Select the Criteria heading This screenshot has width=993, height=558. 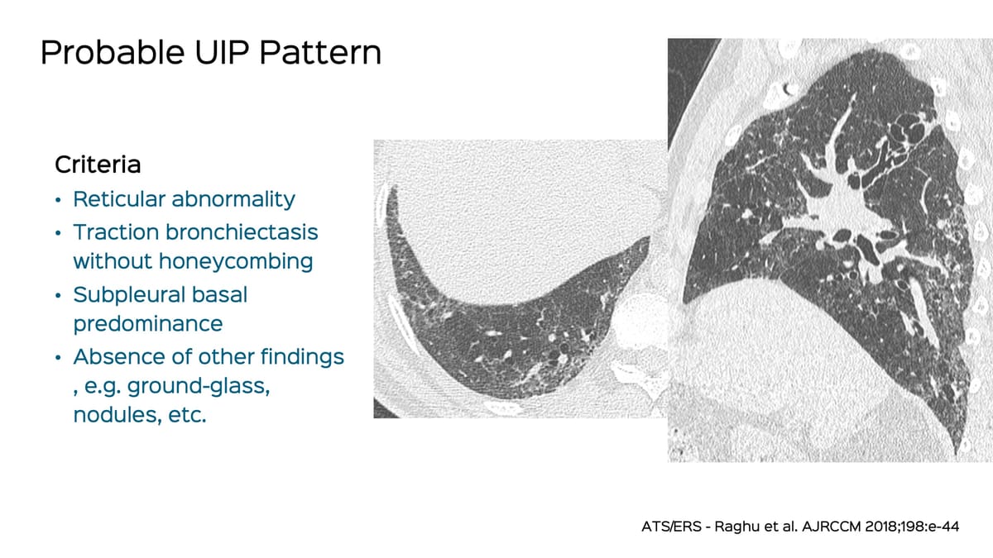[98, 165]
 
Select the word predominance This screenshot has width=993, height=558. [148, 323]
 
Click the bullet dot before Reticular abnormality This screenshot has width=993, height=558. [58, 201]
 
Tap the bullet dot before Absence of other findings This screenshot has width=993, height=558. [58, 359]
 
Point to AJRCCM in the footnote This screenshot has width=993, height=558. [830, 526]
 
